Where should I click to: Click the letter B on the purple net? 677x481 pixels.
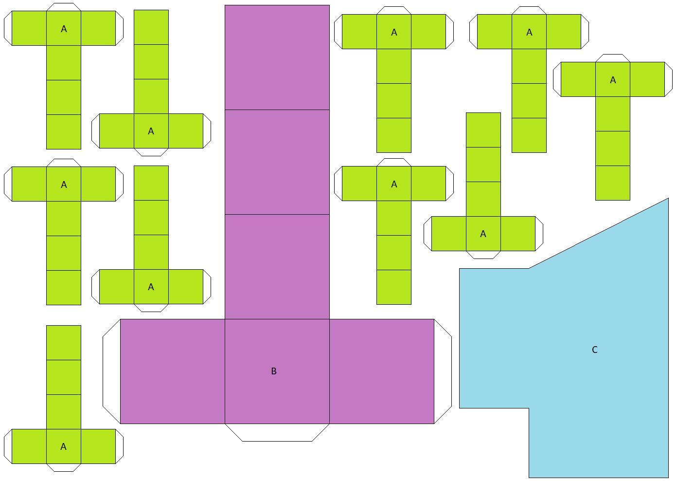click(273, 371)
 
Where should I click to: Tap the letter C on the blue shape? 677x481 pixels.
click(594, 350)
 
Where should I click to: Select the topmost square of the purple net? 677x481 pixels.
click(277, 57)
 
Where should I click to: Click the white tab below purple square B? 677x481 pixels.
click(277, 432)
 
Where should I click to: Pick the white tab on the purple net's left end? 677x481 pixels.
click(112, 371)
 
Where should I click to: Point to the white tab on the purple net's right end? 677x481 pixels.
click(443, 371)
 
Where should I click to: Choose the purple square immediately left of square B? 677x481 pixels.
click(172, 371)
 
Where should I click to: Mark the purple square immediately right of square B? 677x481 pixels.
click(381, 371)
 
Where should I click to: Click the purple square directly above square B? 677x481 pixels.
click(277, 267)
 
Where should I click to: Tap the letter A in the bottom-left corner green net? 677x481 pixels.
click(63, 446)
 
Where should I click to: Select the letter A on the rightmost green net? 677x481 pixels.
click(613, 80)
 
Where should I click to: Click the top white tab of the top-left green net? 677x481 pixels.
click(64, 7)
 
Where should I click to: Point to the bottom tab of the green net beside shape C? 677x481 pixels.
click(483, 255)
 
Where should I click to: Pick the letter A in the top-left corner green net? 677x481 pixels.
click(64, 29)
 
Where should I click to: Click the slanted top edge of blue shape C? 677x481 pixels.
click(598, 233)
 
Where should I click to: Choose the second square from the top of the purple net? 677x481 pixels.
click(277, 162)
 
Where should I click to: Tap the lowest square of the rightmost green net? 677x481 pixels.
click(613, 183)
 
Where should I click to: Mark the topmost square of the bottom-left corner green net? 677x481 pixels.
click(64, 343)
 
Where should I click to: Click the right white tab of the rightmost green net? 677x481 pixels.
click(668, 79)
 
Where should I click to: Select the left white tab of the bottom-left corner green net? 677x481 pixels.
click(8, 446)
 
